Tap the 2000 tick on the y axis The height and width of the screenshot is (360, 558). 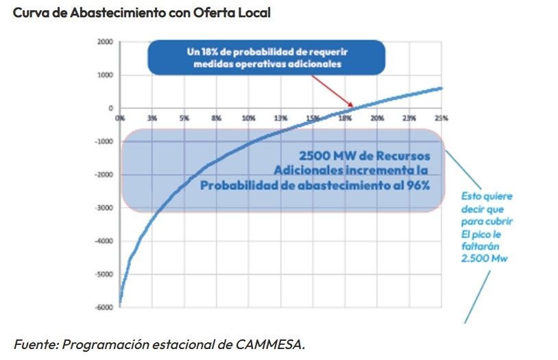click(x=105, y=42)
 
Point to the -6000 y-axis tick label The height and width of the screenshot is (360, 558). click(x=104, y=307)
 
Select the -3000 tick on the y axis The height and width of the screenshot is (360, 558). click(x=104, y=208)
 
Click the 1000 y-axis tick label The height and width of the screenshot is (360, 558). click(x=105, y=75)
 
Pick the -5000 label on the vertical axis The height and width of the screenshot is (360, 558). click(x=104, y=274)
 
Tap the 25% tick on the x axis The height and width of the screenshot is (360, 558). click(x=441, y=118)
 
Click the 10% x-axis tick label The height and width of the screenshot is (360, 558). click(x=248, y=118)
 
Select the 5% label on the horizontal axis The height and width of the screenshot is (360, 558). click(x=184, y=118)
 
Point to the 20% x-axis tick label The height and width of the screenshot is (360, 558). click(x=377, y=118)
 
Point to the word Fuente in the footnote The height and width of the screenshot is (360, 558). click(x=35, y=344)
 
